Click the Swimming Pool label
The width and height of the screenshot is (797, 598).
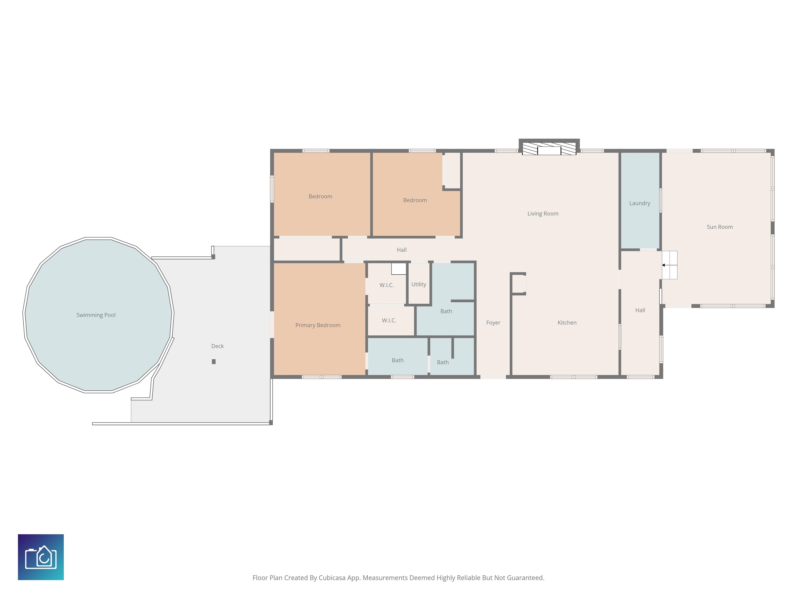tap(96, 315)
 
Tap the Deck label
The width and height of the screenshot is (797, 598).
tap(217, 346)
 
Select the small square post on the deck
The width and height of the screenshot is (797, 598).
tap(214, 362)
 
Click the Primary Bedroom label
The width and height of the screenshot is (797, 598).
tap(318, 325)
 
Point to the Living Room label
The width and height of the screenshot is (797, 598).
tap(543, 214)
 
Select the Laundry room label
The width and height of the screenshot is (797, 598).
tap(640, 203)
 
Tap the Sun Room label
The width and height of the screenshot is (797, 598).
tap(719, 227)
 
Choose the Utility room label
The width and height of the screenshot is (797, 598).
tap(419, 284)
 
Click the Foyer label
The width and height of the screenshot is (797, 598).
tap(493, 323)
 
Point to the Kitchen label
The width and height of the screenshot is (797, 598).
tap(567, 323)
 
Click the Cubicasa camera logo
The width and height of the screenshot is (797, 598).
tap(41, 557)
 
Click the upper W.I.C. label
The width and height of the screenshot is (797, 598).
tap(387, 285)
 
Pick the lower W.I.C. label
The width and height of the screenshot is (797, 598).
tap(389, 321)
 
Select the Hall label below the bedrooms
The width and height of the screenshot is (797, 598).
tap(401, 250)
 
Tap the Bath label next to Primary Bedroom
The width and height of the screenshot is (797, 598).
tap(397, 361)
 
